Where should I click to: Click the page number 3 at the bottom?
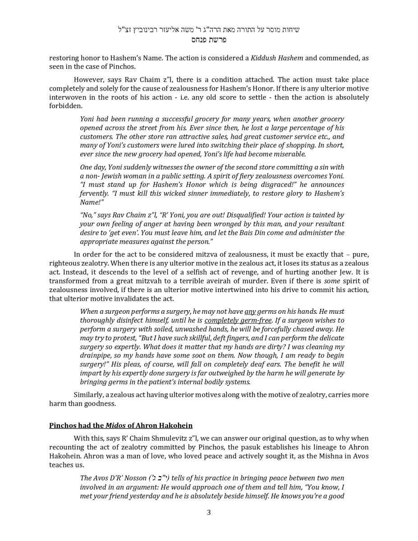209,512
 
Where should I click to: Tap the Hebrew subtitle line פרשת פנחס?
209,40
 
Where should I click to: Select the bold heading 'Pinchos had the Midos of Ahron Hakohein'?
121,426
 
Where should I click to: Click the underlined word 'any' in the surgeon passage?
250,312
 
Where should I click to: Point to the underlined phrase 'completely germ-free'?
238,321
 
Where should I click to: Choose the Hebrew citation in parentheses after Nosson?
159,478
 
